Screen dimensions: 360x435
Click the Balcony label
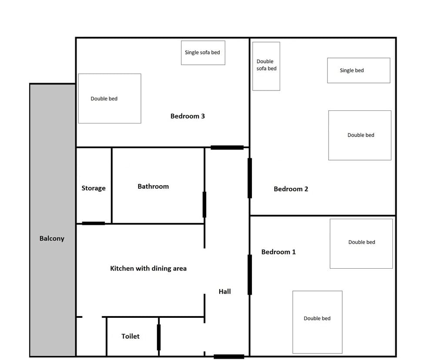coord(52,238)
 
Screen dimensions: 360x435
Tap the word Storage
coord(94,188)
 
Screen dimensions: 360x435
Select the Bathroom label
coord(153,187)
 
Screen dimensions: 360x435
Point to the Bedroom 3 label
coord(187,116)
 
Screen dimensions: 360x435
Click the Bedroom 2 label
coord(291,189)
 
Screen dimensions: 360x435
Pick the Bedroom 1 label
coord(278,252)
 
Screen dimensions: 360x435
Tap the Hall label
coord(224,291)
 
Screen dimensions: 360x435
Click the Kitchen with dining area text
coord(148,269)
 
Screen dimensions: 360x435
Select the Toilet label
coord(130,336)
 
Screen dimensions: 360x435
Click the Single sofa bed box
coord(203,53)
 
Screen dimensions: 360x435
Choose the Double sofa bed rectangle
coord(266,66)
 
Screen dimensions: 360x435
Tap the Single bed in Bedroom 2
coord(358,70)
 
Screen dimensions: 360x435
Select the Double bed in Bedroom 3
coord(110,99)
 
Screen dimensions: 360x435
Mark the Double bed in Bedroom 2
coord(360,135)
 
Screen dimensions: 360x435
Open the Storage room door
coord(94,223)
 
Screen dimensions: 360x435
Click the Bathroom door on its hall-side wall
coord(204,204)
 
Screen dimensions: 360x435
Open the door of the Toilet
coord(159,337)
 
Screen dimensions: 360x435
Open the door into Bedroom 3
coord(227,147)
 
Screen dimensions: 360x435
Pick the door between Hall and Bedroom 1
coord(250,275)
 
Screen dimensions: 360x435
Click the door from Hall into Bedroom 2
coord(250,178)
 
